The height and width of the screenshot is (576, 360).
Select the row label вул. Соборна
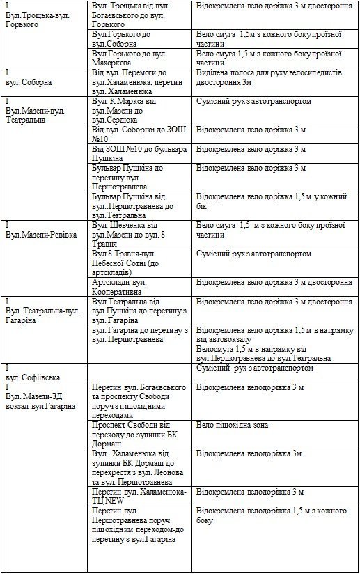pyautogui.click(x=29, y=81)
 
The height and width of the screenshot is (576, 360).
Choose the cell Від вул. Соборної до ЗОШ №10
pyautogui.click(x=132, y=134)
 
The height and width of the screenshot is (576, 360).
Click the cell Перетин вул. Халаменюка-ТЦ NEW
pyautogui.click(x=139, y=496)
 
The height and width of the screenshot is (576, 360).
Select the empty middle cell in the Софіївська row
pyautogui.click(x=139, y=371)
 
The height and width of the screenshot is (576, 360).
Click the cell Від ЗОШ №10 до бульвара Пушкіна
pyautogui.click(x=130, y=153)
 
